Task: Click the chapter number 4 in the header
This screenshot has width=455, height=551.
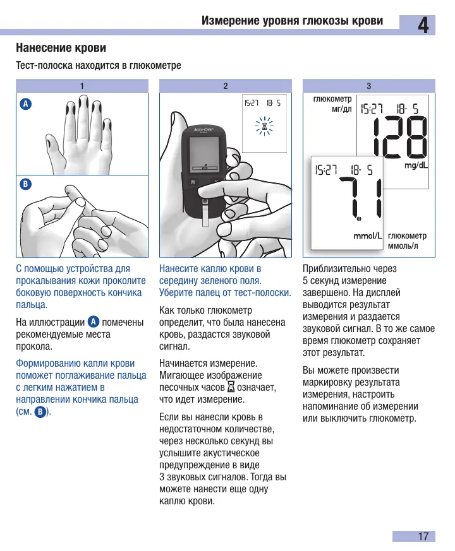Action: point(423,25)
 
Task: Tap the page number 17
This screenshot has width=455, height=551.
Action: point(423,536)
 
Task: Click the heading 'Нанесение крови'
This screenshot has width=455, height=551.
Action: point(61,47)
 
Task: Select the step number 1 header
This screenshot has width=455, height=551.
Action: point(82,86)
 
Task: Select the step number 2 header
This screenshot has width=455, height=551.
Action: point(226,86)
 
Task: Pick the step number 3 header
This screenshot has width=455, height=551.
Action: point(369,86)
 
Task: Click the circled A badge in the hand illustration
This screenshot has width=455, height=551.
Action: point(25,104)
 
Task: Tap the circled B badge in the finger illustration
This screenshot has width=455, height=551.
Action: point(25,184)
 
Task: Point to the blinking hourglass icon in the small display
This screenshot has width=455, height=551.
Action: point(264,126)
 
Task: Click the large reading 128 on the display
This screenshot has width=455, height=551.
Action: point(401,137)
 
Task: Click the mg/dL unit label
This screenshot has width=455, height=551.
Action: point(416,165)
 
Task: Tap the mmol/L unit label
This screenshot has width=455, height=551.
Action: point(368,236)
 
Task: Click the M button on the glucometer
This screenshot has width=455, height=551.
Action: point(193,182)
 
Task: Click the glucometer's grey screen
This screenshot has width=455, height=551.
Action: point(204,153)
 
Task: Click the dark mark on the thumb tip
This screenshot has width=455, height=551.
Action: point(50,143)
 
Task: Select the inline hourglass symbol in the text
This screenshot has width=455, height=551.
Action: point(231,388)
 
